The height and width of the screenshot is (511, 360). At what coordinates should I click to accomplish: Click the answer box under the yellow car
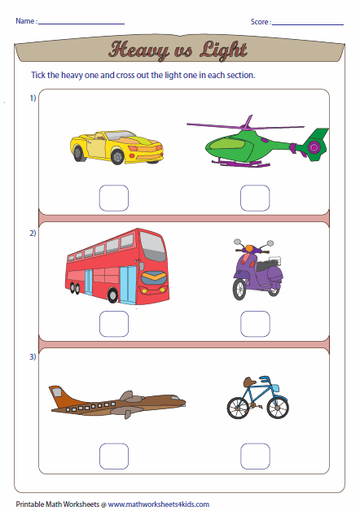pos(113,198)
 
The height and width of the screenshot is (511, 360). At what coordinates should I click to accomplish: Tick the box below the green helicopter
pos(255,198)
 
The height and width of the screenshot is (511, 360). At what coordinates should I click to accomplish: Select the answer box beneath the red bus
pos(113,324)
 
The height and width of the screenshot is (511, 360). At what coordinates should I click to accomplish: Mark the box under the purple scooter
pos(255,324)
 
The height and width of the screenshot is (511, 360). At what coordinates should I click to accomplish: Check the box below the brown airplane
pos(113,456)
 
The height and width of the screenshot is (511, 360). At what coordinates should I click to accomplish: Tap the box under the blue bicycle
pos(255,456)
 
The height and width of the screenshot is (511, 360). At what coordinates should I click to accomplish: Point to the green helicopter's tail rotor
pos(314,147)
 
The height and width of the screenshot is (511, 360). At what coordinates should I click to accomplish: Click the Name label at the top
pos(24,21)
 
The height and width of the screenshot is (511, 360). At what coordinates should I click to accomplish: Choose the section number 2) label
pos(33,234)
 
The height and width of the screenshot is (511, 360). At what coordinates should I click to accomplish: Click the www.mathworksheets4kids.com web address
pos(158,504)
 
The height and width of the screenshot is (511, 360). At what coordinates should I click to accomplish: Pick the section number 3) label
pos(33,357)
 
